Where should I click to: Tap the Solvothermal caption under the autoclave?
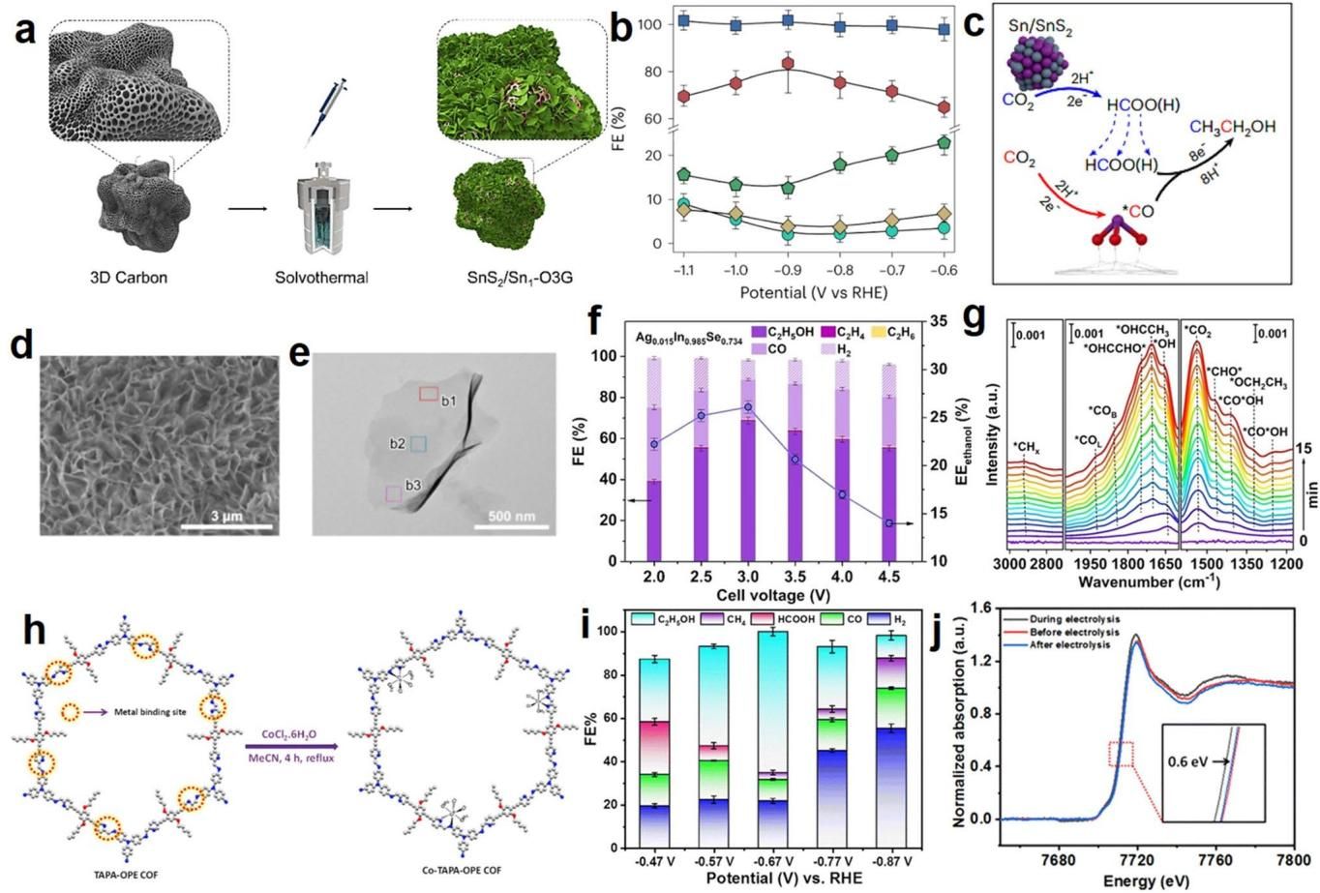pyautogui.click(x=306, y=278)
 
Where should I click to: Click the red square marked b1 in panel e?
pyautogui.click(x=429, y=394)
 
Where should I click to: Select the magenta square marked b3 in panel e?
pyautogui.click(x=394, y=493)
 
